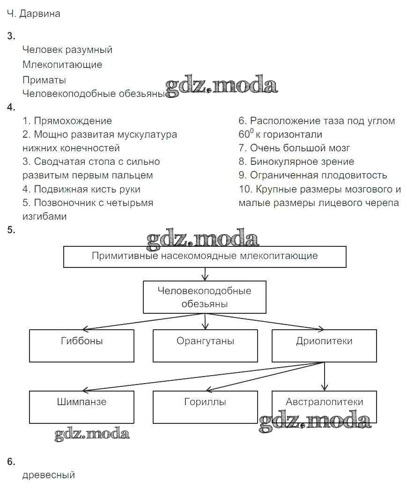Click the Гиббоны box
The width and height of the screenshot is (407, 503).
point(81,346)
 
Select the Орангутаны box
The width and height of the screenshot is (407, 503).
point(205,346)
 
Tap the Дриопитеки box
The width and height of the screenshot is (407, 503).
point(324,346)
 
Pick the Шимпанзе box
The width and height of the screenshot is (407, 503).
point(81,407)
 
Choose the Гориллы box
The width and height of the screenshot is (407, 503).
point(205,407)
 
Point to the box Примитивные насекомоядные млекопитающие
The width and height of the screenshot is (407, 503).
point(205,257)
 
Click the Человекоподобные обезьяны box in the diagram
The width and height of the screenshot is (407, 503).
point(204,297)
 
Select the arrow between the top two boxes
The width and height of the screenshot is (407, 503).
point(205,274)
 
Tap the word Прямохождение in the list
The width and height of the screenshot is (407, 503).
point(73,121)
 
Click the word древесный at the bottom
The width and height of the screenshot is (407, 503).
point(49,475)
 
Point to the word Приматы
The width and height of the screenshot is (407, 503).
point(44,80)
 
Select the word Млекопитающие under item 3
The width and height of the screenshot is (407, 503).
point(62,65)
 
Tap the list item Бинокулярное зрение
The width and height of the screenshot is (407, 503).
point(302,162)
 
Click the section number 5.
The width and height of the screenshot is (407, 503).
point(11,229)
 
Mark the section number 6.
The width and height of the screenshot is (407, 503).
point(11,462)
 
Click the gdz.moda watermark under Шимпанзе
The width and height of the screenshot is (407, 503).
point(92,434)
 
